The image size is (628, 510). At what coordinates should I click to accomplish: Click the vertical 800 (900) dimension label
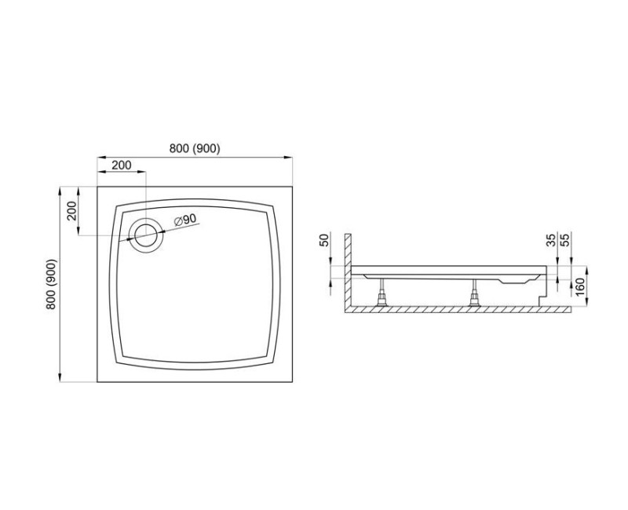pyautogui.click(x=52, y=284)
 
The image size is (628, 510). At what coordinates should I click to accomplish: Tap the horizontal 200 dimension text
pyautogui.click(x=121, y=166)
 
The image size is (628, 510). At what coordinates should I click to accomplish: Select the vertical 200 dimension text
pyautogui.click(x=70, y=212)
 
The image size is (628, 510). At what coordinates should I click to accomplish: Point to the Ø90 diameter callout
pyautogui.click(x=184, y=220)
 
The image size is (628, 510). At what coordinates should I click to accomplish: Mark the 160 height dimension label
pyautogui.click(x=580, y=286)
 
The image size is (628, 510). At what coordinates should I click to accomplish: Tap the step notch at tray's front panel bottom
pyautogui.click(x=541, y=297)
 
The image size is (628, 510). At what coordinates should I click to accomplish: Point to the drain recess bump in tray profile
pyautogui.click(x=514, y=279)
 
